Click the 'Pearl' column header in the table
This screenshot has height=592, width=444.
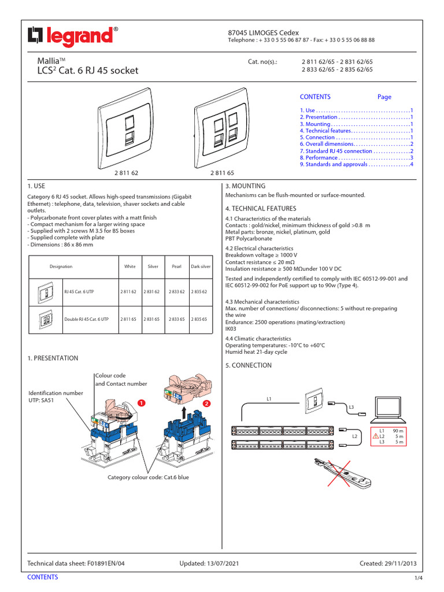pyautogui.click(x=177, y=267)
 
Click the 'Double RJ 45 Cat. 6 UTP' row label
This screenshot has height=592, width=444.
pyautogui.click(x=86, y=319)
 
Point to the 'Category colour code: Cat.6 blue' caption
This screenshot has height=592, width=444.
pyautogui.click(x=148, y=478)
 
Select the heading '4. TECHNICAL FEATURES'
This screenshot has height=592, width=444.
pyautogui.click(x=260, y=208)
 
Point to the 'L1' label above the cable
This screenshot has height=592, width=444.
pyautogui.click(x=269, y=399)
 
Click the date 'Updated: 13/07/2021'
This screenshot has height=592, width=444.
pyautogui.click(x=209, y=563)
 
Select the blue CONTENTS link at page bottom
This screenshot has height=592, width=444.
pyautogui.click(x=43, y=577)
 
